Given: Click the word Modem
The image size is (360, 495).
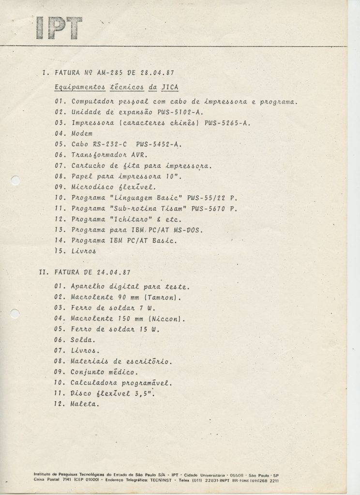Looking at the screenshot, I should (82, 133).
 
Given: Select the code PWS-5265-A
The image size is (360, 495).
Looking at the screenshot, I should (227, 122).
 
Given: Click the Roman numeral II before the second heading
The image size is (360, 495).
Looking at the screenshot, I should (42, 273).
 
